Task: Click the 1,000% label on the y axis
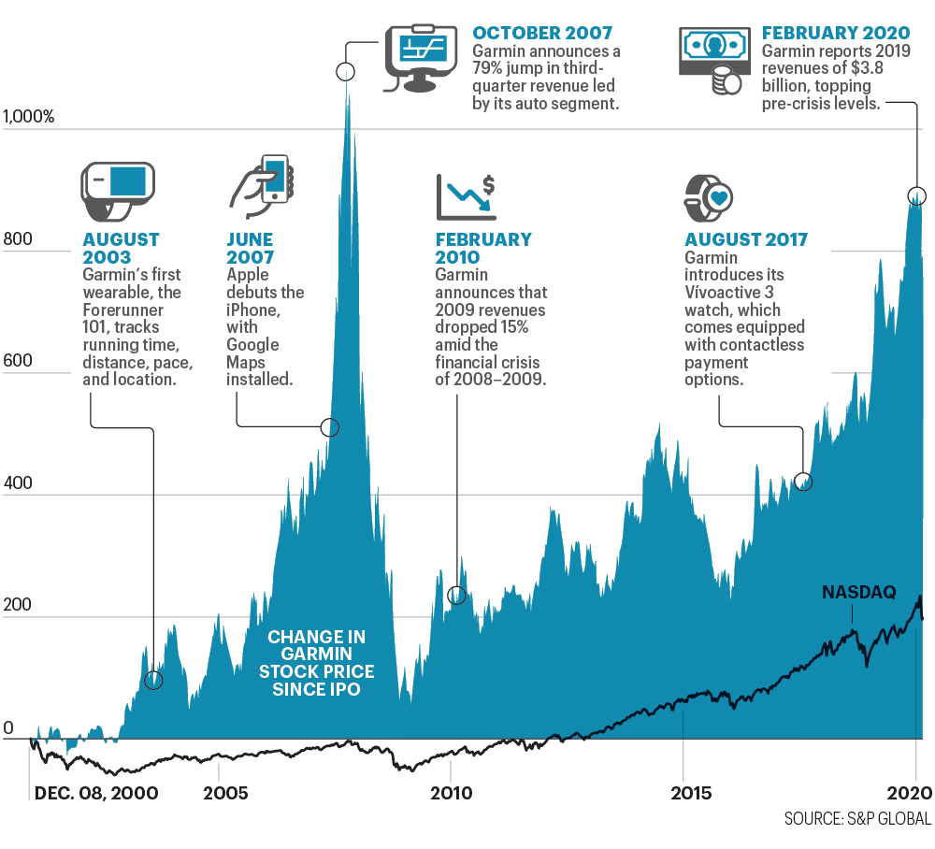click(x=30, y=117)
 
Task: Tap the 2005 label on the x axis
click(x=226, y=794)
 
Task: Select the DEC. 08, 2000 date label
click(x=96, y=794)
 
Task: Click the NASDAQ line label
click(x=858, y=592)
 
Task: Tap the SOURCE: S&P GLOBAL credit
click(x=857, y=819)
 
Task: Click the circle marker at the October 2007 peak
click(x=346, y=72)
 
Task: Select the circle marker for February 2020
click(x=917, y=195)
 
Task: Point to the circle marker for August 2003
click(x=153, y=680)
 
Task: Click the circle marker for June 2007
click(x=329, y=427)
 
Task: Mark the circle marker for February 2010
click(x=457, y=595)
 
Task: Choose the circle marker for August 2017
click(x=803, y=482)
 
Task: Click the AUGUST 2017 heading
click(x=746, y=240)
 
